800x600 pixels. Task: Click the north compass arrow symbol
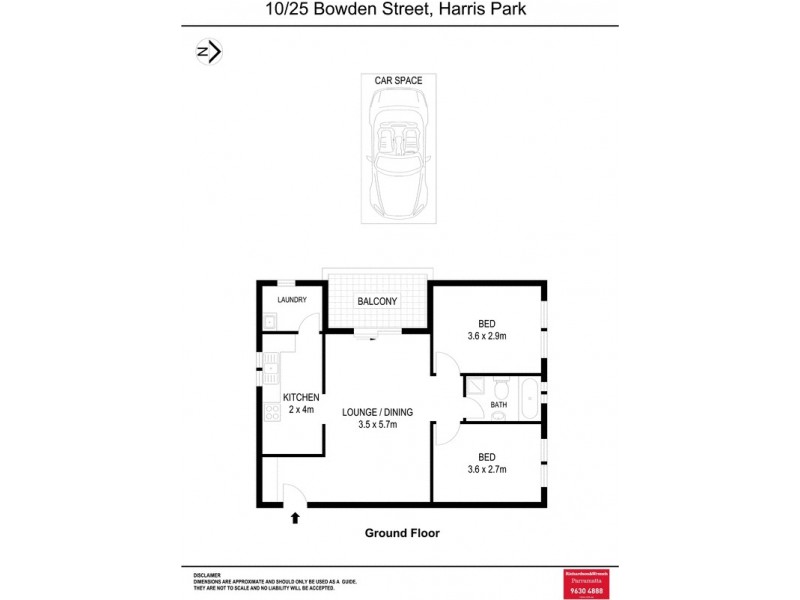coord(209,52)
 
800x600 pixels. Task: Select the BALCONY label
coord(377,301)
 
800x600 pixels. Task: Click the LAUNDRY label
coord(292,300)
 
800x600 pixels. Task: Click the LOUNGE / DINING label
coord(377,412)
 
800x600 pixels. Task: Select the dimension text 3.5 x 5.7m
coord(378,425)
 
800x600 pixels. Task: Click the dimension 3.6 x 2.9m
coord(487,336)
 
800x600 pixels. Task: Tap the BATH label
coord(499,405)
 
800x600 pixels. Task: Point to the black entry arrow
coord(295,517)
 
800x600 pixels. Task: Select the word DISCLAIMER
coord(208,575)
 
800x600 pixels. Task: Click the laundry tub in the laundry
coord(270,321)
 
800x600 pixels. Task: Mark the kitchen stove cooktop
coord(269,412)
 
